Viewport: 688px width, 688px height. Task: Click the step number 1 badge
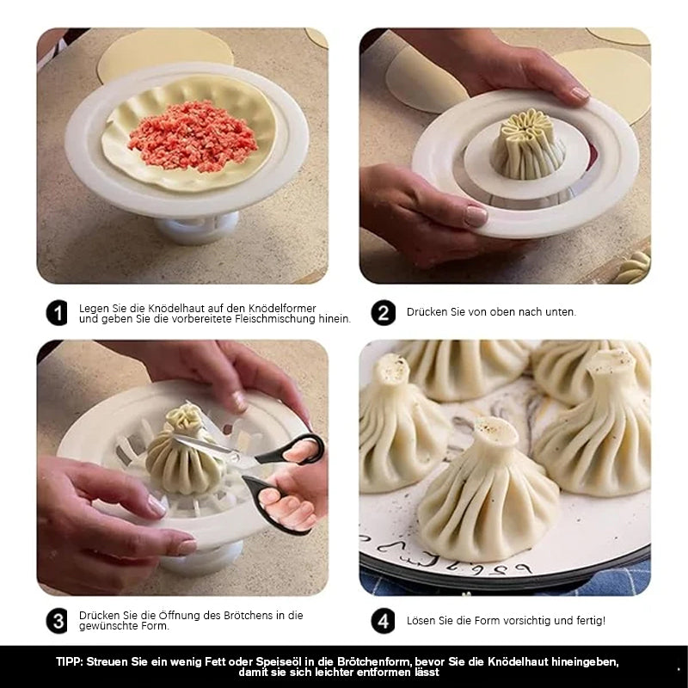coord(57,313)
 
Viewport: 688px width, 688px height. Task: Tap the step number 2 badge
coord(383,313)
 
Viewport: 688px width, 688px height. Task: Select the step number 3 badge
coord(57,621)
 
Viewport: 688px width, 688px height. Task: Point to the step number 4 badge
coord(383,621)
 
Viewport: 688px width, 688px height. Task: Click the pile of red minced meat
coord(192,136)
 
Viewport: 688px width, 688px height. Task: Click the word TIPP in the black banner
coord(70,662)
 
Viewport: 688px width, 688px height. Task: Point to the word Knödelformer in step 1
coord(282,309)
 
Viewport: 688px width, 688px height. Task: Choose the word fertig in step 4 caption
coord(590,621)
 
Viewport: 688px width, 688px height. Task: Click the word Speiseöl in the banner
coord(277,662)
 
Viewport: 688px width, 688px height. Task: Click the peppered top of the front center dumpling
coord(496,430)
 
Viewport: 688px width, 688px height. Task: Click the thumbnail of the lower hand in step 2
coord(476,216)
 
